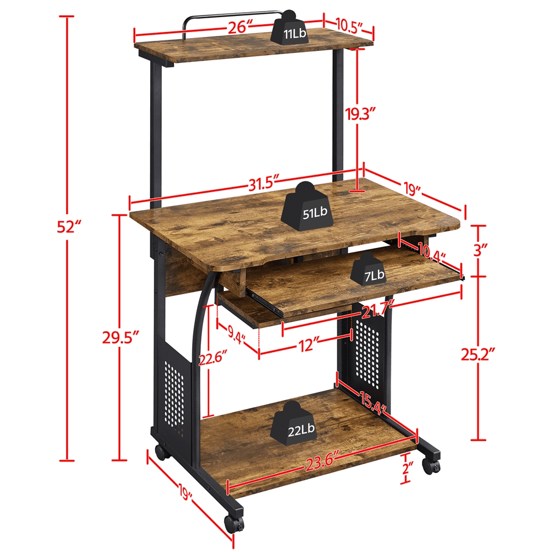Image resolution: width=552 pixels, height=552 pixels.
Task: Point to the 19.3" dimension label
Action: pyautogui.click(x=362, y=114)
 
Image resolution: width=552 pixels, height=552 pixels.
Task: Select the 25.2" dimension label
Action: pyautogui.click(x=479, y=353)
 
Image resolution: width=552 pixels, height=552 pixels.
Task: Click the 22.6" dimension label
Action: pyautogui.click(x=209, y=359)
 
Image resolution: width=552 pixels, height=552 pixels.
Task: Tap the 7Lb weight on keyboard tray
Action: pyautogui.click(x=373, y=270)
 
